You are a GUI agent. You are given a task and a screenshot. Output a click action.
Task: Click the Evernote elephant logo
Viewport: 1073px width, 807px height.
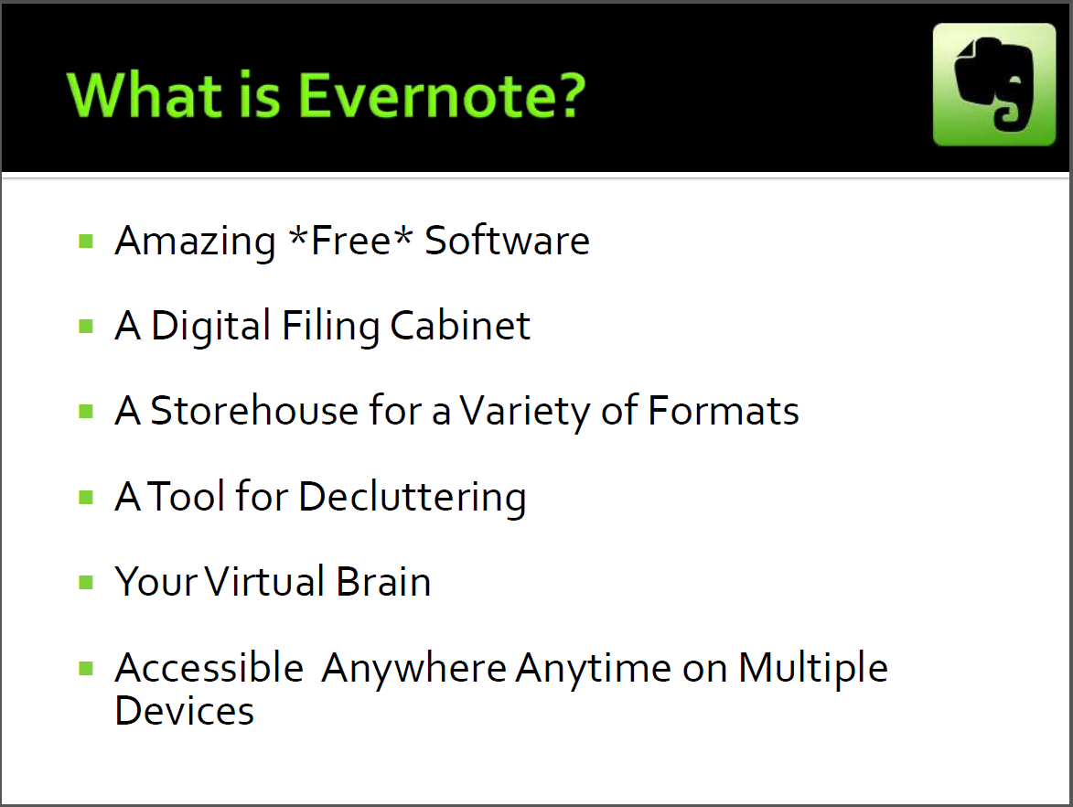(x=994, y=84)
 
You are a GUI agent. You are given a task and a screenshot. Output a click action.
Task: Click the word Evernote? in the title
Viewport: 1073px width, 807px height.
(x=442, y=95)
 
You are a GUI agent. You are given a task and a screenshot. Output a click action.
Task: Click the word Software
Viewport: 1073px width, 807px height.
(x=507, y=241)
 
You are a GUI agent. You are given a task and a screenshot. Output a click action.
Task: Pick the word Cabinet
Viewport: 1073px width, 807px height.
(x=460, y=325)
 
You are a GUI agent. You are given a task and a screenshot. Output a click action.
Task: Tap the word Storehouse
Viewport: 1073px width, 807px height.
(x=254, y=411)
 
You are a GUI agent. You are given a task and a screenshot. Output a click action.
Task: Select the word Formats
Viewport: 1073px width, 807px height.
(x=724, y=411)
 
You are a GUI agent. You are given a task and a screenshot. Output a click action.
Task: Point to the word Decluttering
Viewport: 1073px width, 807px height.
(x=413, y=498)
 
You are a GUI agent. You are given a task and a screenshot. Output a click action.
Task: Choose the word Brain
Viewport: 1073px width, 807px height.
(x=384, y=582)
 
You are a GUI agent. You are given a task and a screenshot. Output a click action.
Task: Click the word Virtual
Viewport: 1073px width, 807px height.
(x=265, y=582)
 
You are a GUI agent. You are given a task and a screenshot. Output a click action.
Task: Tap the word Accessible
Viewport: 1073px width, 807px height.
(x=209, y=667)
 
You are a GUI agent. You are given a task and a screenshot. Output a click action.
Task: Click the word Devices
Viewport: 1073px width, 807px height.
(x=185, y=711)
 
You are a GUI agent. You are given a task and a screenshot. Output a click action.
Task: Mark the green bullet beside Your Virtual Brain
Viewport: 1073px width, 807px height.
(x=86, y=583)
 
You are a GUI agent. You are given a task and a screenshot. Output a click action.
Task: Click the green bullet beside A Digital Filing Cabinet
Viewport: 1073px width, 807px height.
(x=86, y=326)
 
